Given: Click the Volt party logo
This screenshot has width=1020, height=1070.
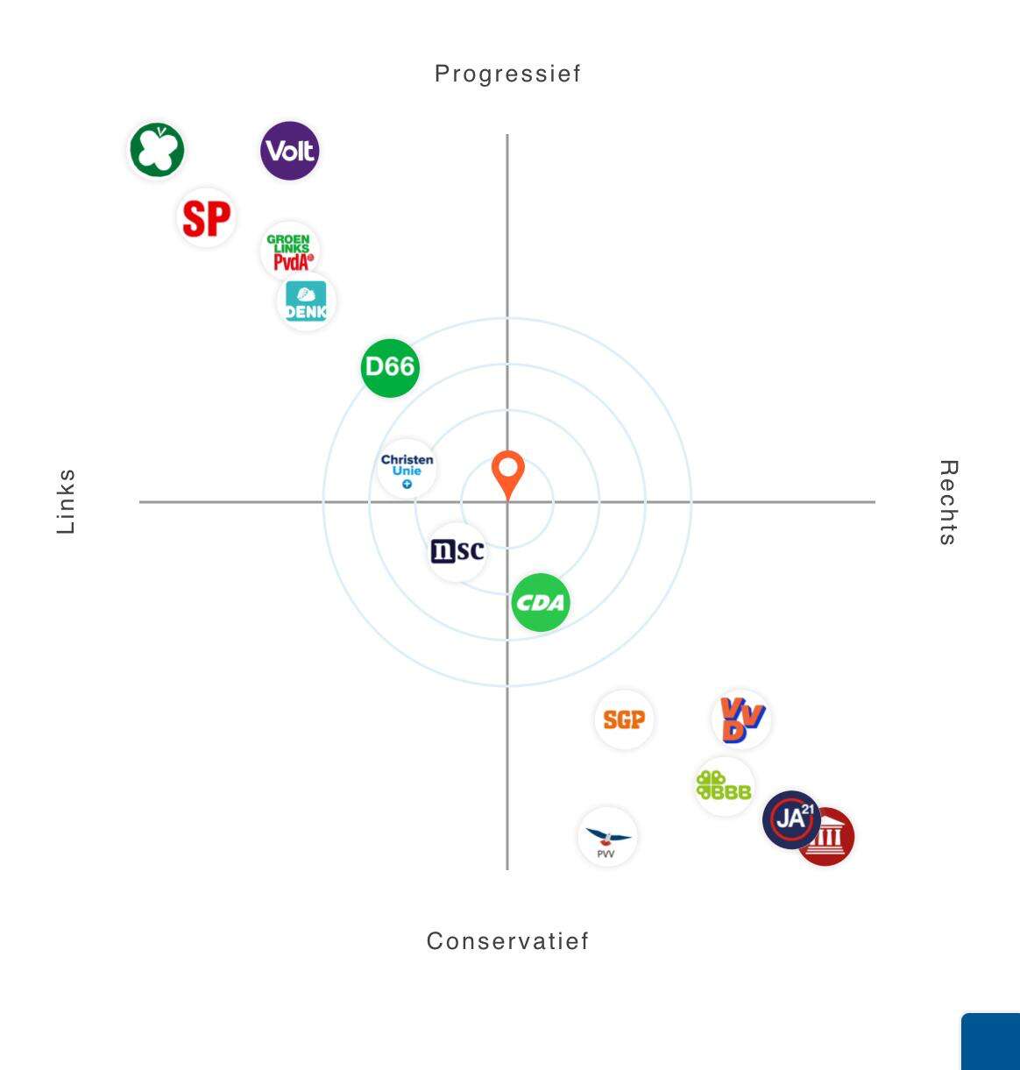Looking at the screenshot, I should click(x=290, y=151).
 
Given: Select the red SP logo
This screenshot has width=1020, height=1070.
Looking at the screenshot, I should click(x=207, y=217).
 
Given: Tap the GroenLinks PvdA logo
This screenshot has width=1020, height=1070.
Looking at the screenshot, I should click(x=289, y=252).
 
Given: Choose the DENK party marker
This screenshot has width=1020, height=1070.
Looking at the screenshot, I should click(x=306, y=301).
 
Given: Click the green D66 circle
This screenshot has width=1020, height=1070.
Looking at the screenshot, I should click(x=390, y=368).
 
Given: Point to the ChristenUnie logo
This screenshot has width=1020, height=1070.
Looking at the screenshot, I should click(x=407, y=469).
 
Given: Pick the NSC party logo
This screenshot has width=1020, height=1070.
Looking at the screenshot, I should click(x=457, y=551).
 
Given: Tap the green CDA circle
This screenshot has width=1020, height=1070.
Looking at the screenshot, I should click(x=541, y=603).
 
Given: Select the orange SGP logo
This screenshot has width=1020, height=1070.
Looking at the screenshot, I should click(x=624, y=719).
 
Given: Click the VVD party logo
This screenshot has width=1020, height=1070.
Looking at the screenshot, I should click(x=741, y=719).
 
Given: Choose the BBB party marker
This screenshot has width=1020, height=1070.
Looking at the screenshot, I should click(x=724, y=786).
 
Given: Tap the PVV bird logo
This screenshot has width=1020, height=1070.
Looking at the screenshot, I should click(x=607, y=837).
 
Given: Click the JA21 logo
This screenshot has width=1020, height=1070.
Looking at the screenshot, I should click(x=790, y=819).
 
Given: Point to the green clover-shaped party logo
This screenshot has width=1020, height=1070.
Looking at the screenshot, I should click(x=157, y=150).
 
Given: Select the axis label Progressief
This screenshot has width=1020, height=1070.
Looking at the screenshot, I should click(x=507, y=74).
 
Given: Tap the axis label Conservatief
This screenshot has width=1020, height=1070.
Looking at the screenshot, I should click(x=507, y=941).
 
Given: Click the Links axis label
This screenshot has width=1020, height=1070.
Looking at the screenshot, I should click(x=67, y=501).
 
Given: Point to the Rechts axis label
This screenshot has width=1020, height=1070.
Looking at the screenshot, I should click(x=948, y=502).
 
